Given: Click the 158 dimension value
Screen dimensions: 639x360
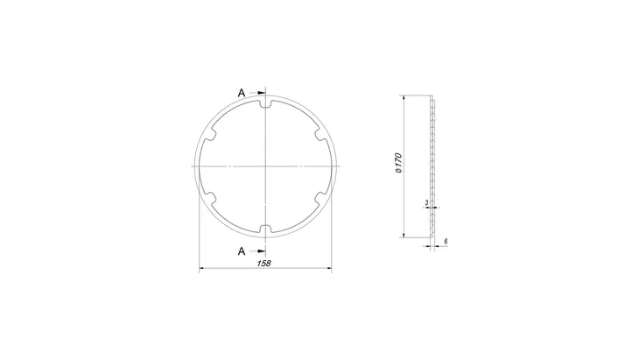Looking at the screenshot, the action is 263,264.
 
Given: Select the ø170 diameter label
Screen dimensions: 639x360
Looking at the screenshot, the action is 398,163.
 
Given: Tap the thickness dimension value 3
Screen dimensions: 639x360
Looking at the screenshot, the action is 426,202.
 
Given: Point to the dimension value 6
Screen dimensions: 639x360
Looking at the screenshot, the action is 446,242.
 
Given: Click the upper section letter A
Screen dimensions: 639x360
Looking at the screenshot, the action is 242,93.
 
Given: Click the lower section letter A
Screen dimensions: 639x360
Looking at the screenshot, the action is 242,251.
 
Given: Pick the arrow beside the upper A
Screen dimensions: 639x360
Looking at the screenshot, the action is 257,93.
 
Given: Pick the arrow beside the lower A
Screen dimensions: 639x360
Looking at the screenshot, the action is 257,251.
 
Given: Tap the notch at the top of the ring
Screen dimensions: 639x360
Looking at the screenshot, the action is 266,104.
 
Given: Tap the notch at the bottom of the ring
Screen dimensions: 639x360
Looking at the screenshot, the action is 266,229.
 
